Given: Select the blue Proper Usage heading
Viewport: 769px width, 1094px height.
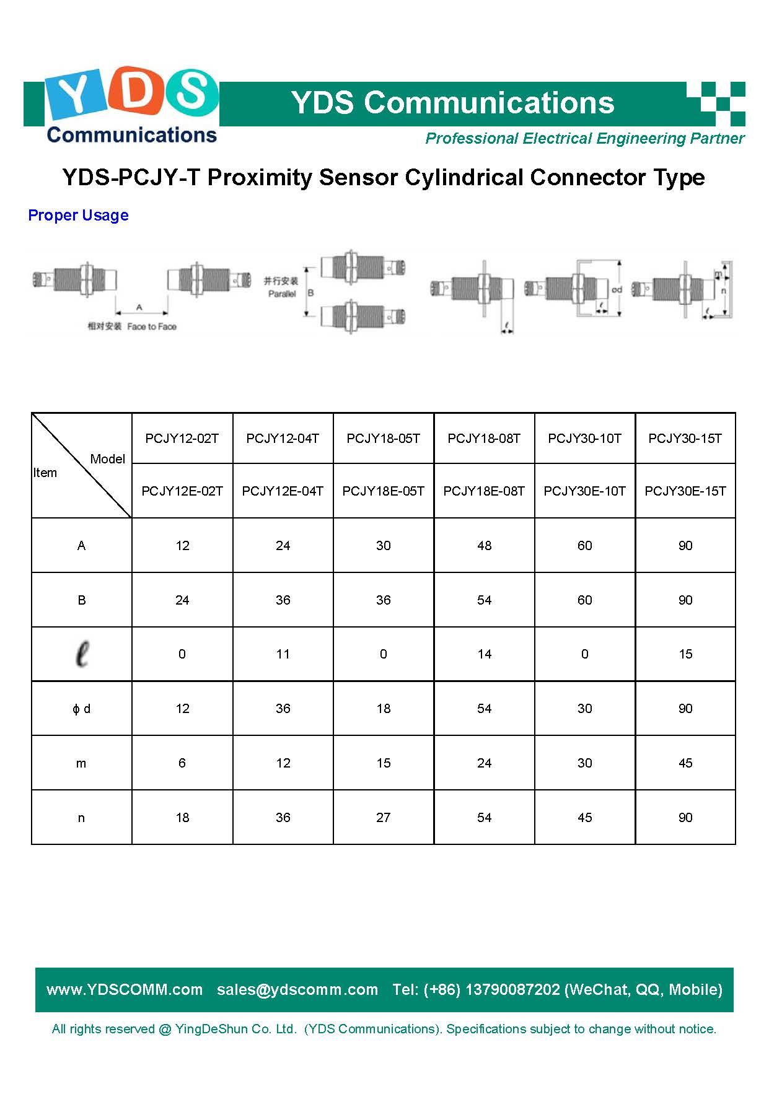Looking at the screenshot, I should coord(78,216).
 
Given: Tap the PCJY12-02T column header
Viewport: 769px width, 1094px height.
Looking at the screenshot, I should coord(182,439).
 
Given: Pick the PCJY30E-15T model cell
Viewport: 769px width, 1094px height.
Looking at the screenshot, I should coord(685,491).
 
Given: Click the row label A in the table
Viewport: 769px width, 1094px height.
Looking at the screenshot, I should coord(81,546).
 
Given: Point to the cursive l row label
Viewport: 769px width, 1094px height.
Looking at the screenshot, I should coord(81,654).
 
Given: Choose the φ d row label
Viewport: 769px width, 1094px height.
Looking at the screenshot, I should coord(81,709).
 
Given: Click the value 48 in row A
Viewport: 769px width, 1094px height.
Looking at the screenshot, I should coord(484,546).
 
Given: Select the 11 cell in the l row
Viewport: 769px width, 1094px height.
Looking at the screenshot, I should coord(283,654).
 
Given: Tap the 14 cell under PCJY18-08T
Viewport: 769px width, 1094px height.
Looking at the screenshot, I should coord(484,654).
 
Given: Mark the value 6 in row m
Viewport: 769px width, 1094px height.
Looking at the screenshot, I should coord(182,763).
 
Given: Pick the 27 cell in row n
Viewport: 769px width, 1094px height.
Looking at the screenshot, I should coord(384,818).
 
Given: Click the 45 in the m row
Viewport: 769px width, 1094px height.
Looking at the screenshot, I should coord(685,763).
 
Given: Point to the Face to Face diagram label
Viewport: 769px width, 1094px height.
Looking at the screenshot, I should coord(152,326).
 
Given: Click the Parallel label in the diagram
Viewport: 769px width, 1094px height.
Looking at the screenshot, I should coord(282,294).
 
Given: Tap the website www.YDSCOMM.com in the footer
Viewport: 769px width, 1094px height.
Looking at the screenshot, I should coord(125,989).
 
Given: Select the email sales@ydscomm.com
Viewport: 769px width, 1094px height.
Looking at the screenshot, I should coord(297,989).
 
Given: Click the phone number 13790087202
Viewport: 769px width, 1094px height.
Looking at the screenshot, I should coord(512,989).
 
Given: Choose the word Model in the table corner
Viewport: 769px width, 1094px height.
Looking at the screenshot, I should coord(107,459).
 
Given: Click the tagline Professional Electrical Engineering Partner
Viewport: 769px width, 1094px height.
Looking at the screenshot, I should coord(584,139).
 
